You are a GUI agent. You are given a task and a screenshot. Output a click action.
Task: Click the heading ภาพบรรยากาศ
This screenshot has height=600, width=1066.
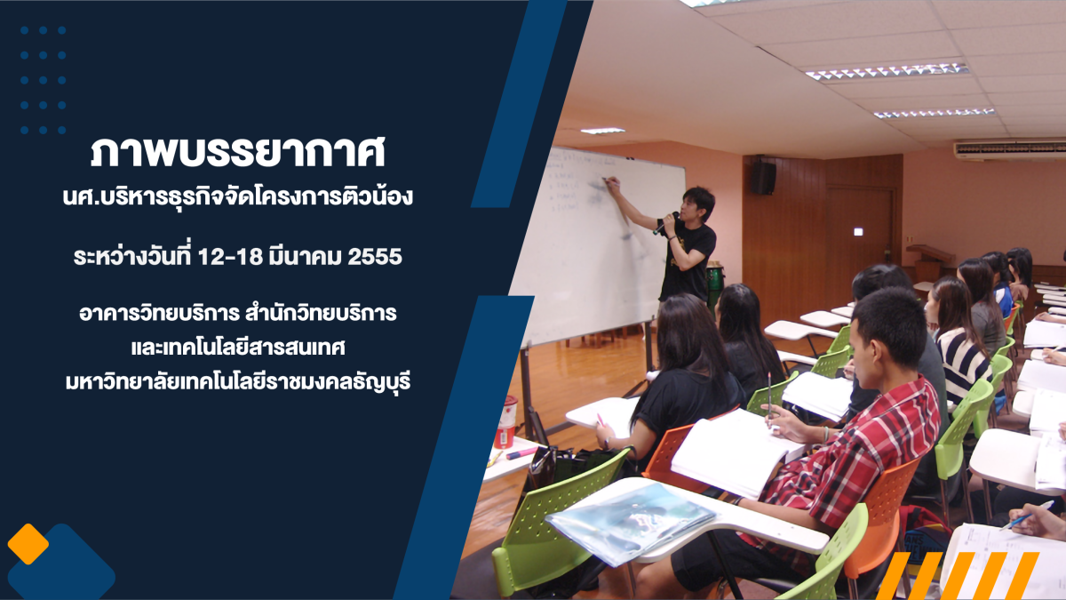pyautogui.click(x=237, y=153)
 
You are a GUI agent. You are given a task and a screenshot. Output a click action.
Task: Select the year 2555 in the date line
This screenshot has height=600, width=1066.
pyautogui.click(x=375, y=257)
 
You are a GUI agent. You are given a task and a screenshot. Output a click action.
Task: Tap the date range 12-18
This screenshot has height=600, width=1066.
pyautogui.click(x=230, y=257)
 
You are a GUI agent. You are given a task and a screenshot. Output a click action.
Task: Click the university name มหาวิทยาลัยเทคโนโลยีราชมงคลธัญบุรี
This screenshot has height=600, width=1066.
pyautogui.click(x=238, y=382)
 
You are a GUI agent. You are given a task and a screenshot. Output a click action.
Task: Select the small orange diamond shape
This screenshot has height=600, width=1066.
pyautogui.click(x=28, y=544)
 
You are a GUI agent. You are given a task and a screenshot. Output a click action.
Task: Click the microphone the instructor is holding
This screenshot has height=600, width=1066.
pyautogui.click(x=664, y=223)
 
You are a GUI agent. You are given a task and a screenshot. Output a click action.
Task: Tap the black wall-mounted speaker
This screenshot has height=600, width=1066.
pyautogui.click(x=763, y=177)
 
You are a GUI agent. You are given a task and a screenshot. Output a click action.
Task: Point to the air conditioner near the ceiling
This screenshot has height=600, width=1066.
pyautogui.click(x=1009, y=148)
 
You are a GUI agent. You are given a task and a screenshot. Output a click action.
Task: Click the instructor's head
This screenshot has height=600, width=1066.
pyautogui.click(x=696, y=204)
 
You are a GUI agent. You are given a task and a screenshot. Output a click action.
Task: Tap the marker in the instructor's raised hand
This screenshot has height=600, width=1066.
pyautogui.click(x=609, y=180)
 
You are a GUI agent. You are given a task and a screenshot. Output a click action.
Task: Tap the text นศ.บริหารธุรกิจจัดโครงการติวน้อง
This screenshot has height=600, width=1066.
pyautogui.click(x=237, y=197)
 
